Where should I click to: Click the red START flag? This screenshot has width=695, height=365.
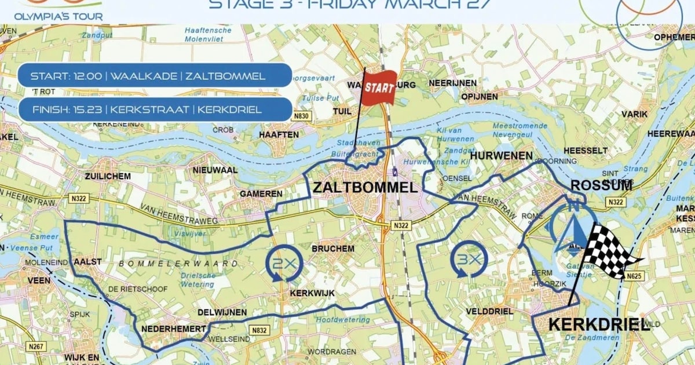(x=379, y=88)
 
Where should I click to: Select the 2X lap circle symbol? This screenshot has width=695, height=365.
(x=284, y=263)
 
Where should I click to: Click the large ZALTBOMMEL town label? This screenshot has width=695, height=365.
(x=364, y=188)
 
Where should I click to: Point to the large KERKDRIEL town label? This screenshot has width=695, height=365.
(x=598, y=324)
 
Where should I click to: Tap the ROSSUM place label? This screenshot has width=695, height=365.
(x=601, y=186)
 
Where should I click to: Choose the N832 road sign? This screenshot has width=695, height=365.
(x=259, y=330)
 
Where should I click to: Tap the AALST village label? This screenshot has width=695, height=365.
(x=87, y=262)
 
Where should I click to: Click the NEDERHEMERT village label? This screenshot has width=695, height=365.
(x=173, y=329)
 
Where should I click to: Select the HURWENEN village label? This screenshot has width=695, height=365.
(x=501, y=156)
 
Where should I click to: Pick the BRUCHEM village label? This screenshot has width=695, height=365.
(x=332, y=249)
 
